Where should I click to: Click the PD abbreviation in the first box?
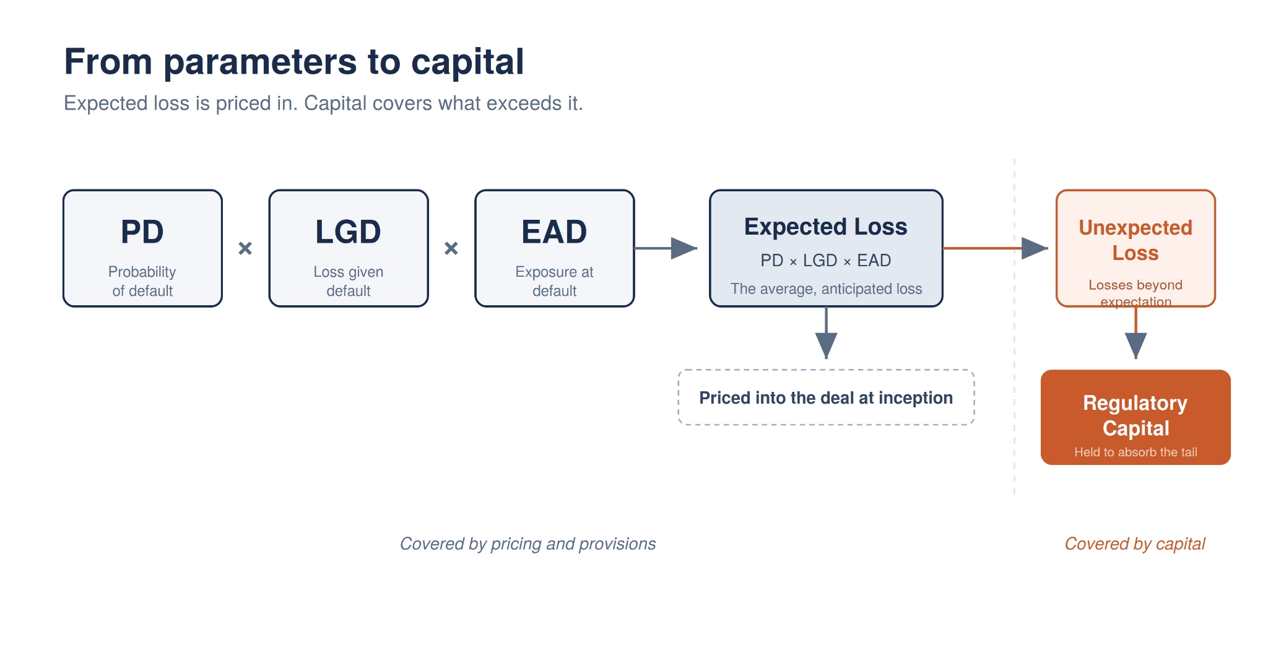coord(142,232)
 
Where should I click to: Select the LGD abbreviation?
coord(349,232)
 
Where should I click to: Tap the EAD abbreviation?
coord(555,232)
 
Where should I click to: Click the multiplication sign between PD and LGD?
coord(245,248)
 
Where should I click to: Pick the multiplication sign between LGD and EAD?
coord(451,248)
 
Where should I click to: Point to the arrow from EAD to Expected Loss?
coord(666,248)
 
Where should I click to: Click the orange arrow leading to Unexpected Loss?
coord(996,248)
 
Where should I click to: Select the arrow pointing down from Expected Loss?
coord(826,333)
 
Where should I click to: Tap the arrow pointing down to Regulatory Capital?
coord(1136,333)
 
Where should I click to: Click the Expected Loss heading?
coord(826,227)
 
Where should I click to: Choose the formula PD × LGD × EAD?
coord(826,261)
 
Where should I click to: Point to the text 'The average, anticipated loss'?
coord(826,289)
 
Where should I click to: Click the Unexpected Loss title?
coord(1136,240)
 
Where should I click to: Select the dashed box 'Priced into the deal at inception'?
coord(826,397)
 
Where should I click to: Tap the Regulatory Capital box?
coord(1136,417)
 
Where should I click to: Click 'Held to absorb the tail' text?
coord(1136,453)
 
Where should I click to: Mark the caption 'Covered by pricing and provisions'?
coord(528,544)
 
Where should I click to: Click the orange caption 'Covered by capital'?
coord(1135,544)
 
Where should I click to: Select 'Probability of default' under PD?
coord(142,281)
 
